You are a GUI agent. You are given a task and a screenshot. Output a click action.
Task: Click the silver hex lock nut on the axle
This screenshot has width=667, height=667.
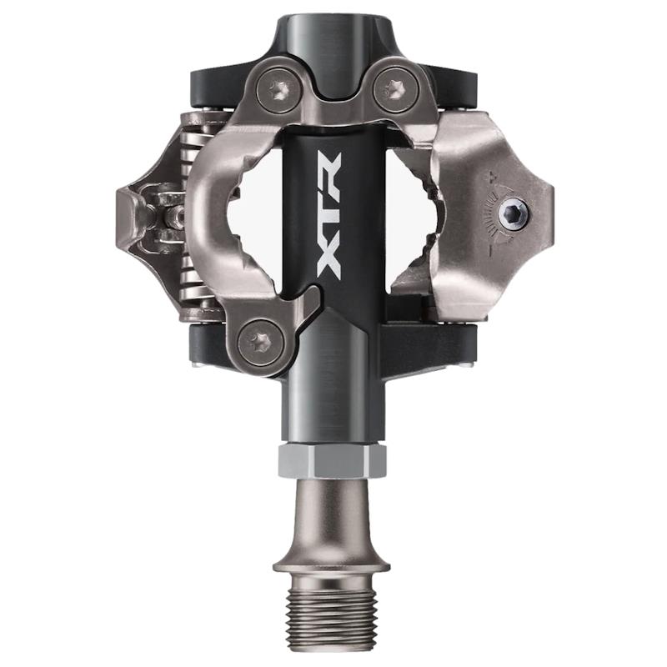[332, 459]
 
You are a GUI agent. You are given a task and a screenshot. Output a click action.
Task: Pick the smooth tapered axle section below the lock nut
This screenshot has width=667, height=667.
[331, 513]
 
